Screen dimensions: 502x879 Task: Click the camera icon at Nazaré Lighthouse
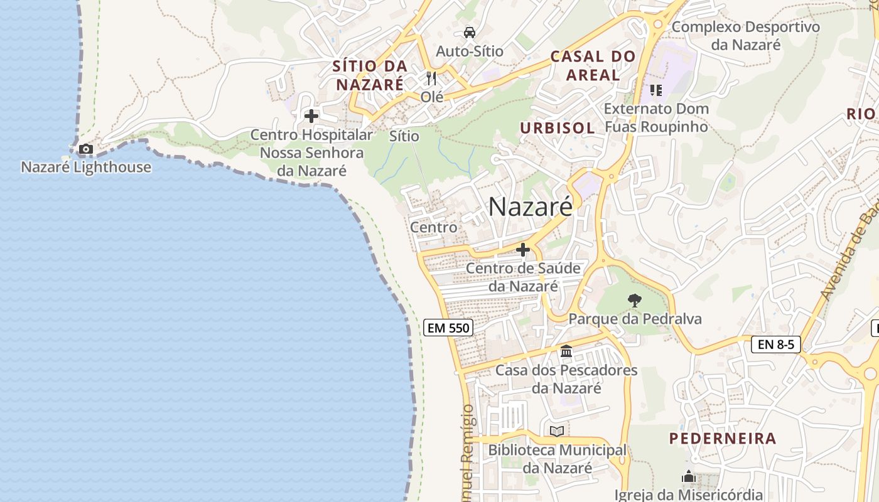click(x=86, y=149)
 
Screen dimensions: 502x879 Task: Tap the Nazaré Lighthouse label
click(x=86, y=167)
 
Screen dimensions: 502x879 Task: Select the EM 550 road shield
click(x=448, y=328)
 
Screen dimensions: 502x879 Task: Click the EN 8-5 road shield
click(x=776, y=344)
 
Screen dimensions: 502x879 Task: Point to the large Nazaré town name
click(x=531, y=206)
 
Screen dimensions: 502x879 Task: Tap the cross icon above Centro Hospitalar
click(x=311, y=116)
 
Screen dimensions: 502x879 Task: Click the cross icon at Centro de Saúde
click(x=523, y=250)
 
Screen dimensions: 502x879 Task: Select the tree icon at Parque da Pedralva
click(x=635, y=301)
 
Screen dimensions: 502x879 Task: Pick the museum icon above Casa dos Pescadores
click(x=566, y=351)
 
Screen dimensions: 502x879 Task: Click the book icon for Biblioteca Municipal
click(x=557, y=431)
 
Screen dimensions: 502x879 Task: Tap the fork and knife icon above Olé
click(x=431, y=78)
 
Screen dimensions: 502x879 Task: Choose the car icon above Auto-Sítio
click(x=470, y=33)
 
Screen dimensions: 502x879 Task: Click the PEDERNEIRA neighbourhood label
click(x=723, y=438)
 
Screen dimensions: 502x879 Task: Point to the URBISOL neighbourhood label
click(x=557, y=128)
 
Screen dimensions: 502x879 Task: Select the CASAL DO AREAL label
click(x=593, y=65)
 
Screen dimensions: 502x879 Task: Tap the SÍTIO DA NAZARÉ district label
click(x=370, y=75)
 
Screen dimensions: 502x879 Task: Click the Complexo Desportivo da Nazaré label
click(x=746, y=36)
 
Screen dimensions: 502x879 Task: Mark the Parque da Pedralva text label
click(x=635, y=319)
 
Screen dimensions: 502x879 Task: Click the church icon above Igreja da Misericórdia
click(x=689, y=477)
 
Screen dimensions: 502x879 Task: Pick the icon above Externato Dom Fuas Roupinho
click(x=656, y=90)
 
